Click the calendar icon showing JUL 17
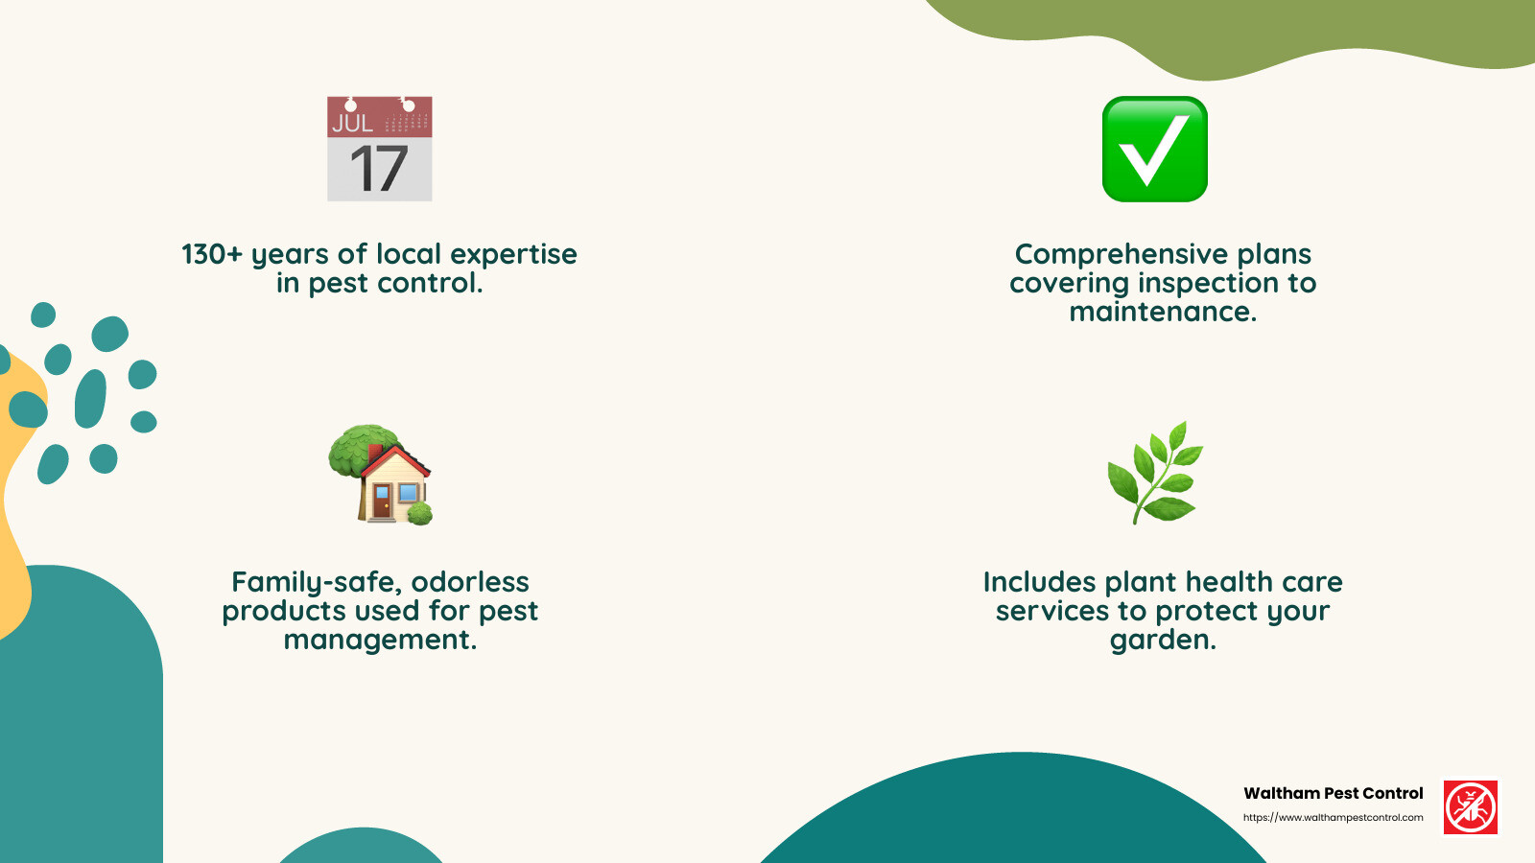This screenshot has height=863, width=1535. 380,149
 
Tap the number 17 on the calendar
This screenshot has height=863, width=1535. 379,169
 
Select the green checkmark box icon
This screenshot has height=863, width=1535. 1154,149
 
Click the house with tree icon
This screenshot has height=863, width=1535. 381,475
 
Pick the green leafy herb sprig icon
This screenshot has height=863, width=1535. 1155,473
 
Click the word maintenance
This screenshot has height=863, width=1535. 1163,312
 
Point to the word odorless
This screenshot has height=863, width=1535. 470,582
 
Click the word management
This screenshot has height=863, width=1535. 380,641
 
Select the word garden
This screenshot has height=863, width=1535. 1163,641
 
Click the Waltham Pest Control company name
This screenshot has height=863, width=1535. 1333,793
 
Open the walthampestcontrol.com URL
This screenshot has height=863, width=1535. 1333,818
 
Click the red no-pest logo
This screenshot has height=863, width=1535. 1470,807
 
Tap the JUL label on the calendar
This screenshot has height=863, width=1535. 352,123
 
